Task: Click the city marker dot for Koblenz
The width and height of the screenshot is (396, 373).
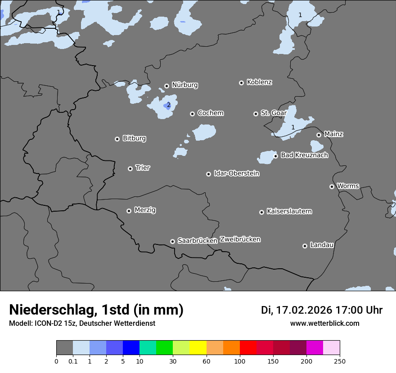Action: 242,83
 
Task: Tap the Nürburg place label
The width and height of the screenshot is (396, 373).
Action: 184,85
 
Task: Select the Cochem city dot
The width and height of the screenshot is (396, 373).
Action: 192,114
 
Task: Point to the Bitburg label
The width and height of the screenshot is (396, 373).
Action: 134,138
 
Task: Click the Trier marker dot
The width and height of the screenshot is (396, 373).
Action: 130,169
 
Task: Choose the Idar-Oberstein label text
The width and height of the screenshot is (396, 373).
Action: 236,173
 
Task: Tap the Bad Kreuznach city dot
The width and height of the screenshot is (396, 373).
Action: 276,156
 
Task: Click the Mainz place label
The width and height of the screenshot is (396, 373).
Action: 333,134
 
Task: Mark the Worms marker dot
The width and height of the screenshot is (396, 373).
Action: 332,186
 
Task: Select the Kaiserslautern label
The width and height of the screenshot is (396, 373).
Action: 289,211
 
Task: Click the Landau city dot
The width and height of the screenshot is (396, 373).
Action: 305,246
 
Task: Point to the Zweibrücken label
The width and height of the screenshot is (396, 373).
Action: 240,240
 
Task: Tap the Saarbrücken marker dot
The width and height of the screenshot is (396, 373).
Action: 172,241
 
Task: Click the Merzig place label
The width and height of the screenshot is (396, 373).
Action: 145,210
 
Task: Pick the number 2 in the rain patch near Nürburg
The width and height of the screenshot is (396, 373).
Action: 169,105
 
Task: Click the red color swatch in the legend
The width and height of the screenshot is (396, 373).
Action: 248,348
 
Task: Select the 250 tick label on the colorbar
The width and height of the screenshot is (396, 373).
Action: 340,361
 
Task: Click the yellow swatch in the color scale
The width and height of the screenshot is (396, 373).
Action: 198,348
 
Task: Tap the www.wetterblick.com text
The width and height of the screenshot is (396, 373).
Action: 324,324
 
